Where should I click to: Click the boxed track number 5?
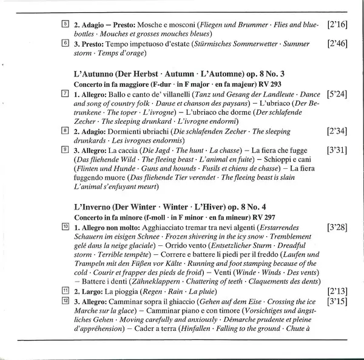click(x=65, y=25)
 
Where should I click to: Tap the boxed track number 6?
click(x=65, y=44)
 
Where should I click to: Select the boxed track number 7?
click(x=65, y=95)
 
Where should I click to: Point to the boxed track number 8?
click(x=65, y=131)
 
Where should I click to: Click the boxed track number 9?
click(x=65, y=149)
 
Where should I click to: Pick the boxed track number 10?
click(x=65, y=226)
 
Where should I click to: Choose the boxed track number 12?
click(x=65, y=301)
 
